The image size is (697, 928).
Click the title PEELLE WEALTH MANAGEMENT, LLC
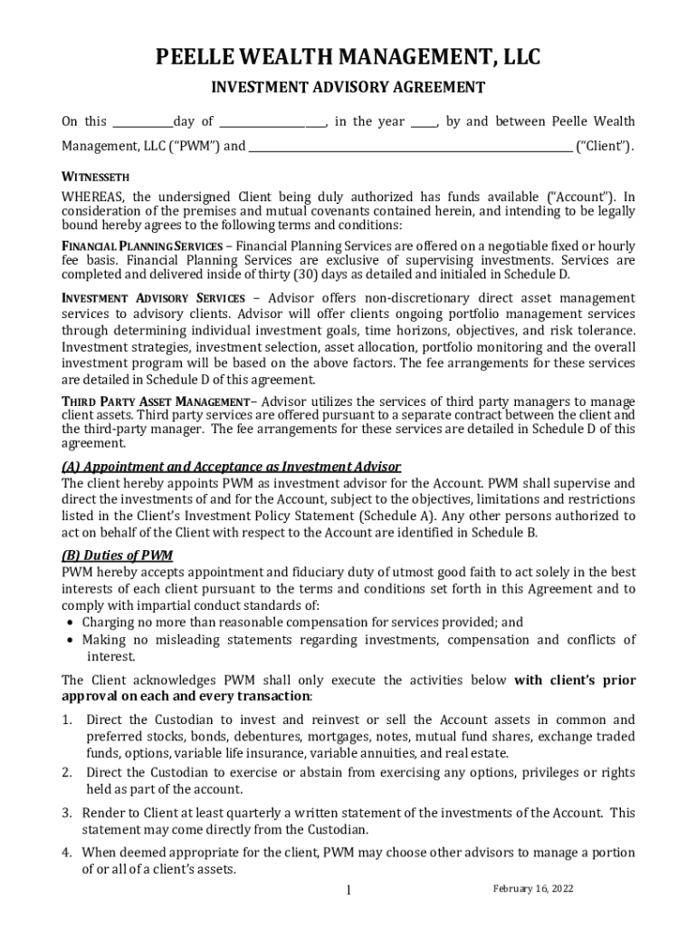point(348,59)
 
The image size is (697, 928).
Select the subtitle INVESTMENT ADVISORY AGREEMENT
point(348,88)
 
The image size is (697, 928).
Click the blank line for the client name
point(410,145)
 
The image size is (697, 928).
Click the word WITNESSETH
point(96,177)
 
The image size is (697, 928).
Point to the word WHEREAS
point(93,197)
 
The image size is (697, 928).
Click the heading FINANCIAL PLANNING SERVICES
point(141,246)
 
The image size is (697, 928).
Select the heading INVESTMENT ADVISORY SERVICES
point(153,298)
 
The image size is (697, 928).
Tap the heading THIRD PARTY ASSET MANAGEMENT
point(155,401)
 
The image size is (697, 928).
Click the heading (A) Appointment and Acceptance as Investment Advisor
point(231,467)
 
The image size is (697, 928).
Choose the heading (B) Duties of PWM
point(117,556)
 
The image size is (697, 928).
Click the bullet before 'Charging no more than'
point(72,623)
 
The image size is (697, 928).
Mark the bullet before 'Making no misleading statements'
point(72,641)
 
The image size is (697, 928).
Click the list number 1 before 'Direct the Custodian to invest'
point(67,720)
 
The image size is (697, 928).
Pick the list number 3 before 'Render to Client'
point(67,813)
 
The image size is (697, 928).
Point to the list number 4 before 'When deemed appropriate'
point(67,852)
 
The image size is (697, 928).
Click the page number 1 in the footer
point(348,891)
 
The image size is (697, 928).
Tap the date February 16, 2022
point(533,888)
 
